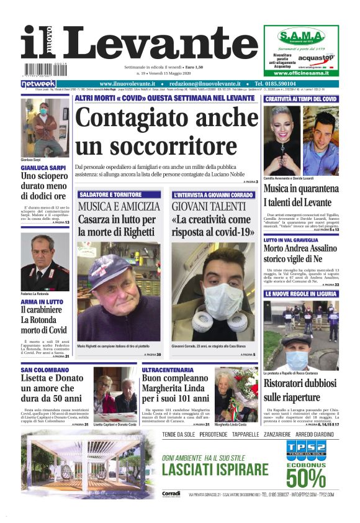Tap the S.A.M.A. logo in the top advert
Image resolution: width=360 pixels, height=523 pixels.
300,35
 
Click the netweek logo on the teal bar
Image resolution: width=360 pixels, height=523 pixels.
38,84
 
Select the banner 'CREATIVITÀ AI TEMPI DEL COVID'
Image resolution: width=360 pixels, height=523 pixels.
300,99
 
